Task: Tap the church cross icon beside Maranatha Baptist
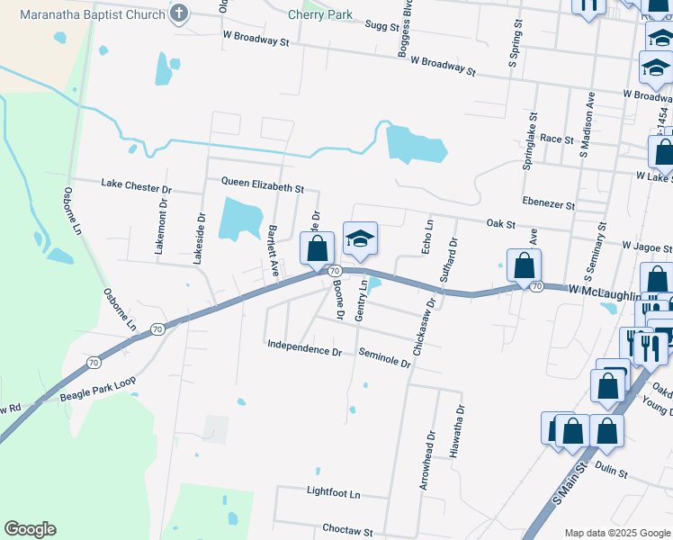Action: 179,13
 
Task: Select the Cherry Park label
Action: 320,15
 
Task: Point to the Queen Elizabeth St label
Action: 264,184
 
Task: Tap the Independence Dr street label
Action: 304,347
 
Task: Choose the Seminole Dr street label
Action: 384,358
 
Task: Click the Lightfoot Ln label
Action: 332,494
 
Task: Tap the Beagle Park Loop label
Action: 96,388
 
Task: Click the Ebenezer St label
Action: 548,204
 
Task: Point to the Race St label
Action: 557,139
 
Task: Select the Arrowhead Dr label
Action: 425,464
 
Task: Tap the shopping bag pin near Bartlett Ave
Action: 317,248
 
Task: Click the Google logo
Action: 30,529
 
